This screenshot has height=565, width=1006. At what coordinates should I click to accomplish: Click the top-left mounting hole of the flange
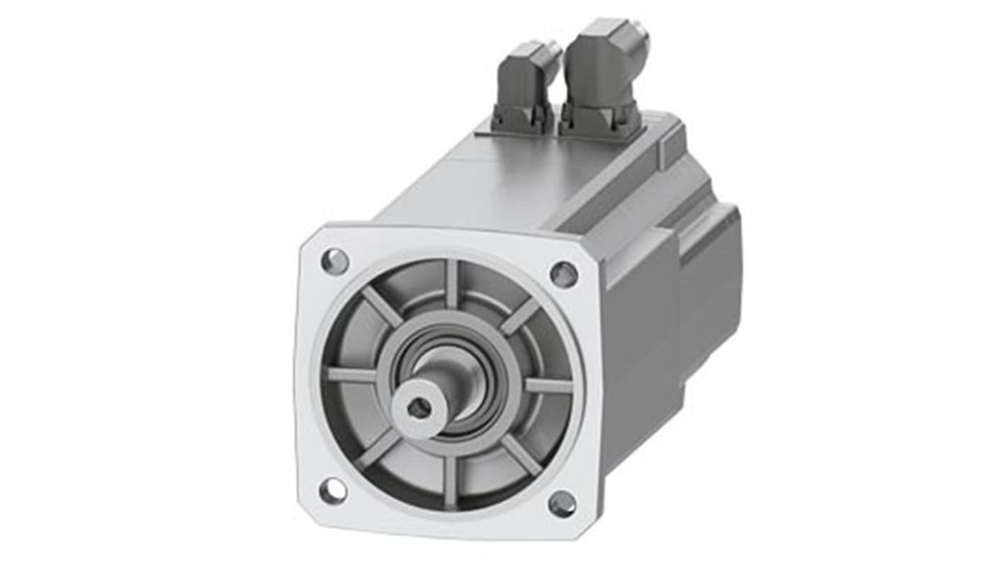pos(334,262)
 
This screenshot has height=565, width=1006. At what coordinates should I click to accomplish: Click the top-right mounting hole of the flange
pos(564,274)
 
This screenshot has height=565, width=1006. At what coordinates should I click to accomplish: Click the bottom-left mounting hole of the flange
pos(332,490)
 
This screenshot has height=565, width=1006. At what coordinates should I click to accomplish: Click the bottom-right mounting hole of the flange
pos(562,503)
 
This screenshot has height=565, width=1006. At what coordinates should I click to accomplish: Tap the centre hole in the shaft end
pos(419,407)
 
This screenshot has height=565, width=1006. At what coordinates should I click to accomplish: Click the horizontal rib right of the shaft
pos(548,386)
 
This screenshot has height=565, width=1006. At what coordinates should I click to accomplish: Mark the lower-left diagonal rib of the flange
pos(378,449)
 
